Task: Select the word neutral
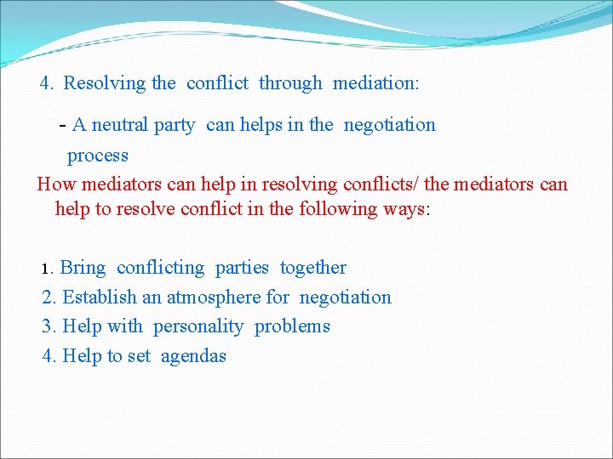[120, 125]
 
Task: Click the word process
[98, 156]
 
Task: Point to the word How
[55, 184]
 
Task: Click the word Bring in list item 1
[83, 268]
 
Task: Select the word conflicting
[161, 268]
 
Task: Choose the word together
[313, 268]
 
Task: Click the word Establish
[100, 297]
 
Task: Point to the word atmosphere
[213, 297]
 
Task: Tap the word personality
[198, 326]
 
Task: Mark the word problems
[292, 326]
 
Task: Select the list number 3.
[49, 326]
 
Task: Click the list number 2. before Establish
[49, 297]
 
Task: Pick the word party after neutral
[175, 125]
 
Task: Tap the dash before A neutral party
[63, 125]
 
